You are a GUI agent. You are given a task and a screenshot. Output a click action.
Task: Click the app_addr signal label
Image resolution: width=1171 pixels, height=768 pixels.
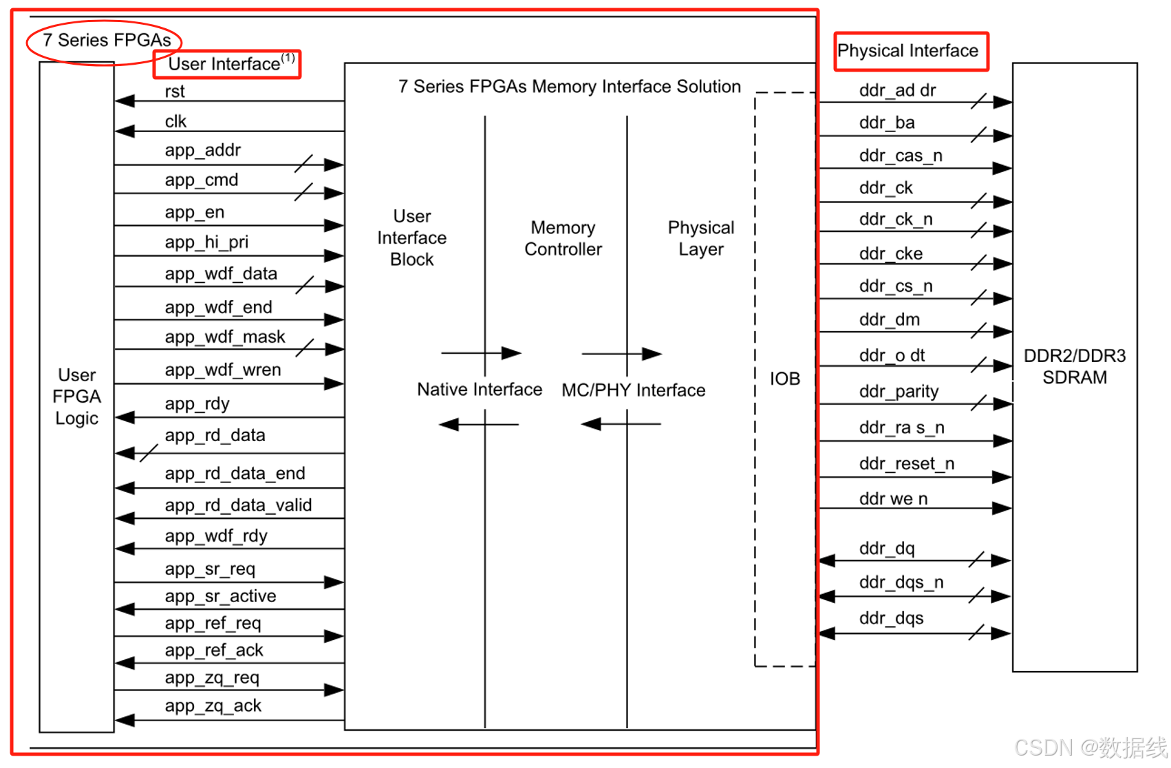[203, 151]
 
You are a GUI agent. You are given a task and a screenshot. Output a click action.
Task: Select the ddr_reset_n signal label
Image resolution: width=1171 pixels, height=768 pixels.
[907, 464]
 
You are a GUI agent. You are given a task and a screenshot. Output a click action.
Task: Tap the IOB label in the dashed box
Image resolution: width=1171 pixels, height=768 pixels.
[784, 378]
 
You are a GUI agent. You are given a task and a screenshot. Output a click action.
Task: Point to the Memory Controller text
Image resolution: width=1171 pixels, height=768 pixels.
[563, 238]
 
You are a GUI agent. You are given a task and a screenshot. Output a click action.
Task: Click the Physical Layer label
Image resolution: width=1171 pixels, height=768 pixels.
[701, 238]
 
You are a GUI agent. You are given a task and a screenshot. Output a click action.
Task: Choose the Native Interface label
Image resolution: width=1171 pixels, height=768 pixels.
[480, 390]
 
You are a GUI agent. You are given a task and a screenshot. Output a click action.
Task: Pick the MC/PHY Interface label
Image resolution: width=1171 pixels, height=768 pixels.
[634, 390]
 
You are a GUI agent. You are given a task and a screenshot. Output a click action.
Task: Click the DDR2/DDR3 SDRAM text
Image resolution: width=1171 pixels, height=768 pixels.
[1075, 367]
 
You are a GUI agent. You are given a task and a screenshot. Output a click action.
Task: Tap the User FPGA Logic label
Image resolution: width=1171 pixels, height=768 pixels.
[77, 396]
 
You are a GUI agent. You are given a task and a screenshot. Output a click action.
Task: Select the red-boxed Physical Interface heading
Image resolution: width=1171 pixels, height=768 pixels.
[907, 51]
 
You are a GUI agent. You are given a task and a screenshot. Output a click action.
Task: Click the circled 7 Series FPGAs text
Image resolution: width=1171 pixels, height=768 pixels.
[107, 40]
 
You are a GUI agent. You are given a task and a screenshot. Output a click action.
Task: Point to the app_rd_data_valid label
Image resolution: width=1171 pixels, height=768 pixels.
[238, 506]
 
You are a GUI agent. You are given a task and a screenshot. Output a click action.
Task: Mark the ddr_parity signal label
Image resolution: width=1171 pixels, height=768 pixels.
[899, 392]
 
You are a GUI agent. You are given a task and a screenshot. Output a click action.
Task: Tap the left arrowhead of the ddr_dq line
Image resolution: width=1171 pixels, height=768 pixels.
[827, 561]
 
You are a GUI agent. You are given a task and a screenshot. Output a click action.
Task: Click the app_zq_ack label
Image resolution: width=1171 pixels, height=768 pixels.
[213, 706]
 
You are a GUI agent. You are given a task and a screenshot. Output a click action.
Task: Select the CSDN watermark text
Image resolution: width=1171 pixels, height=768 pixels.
[1091, 747]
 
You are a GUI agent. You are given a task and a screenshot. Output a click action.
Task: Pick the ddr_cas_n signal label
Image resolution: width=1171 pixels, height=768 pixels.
[901, 156]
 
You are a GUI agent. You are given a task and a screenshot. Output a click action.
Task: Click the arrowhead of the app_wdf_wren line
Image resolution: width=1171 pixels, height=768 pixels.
[334, 384]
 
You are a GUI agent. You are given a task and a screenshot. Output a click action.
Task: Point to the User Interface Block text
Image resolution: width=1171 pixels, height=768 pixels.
[412, 238]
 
